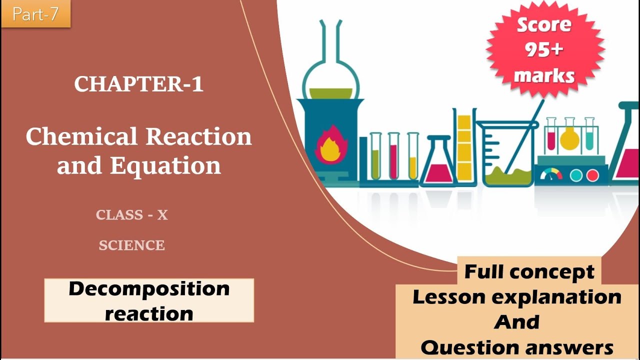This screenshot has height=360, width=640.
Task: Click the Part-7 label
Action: tap(35, 14)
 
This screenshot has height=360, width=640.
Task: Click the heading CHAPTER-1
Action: tap(139, 84)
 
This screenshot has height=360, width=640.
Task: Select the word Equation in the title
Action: tap(165, 165)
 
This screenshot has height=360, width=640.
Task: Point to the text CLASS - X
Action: tap(132, 215)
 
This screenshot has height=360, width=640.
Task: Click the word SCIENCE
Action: tap(132, 245)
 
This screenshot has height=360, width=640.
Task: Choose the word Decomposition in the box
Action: tap(149, 288)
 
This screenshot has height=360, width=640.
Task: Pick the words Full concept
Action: tap(529, 272)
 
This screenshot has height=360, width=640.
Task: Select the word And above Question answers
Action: tap(517, 322)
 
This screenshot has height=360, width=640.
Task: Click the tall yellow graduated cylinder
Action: tap(464, 147)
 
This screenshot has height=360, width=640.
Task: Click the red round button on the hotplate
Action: tap(592, 175)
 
